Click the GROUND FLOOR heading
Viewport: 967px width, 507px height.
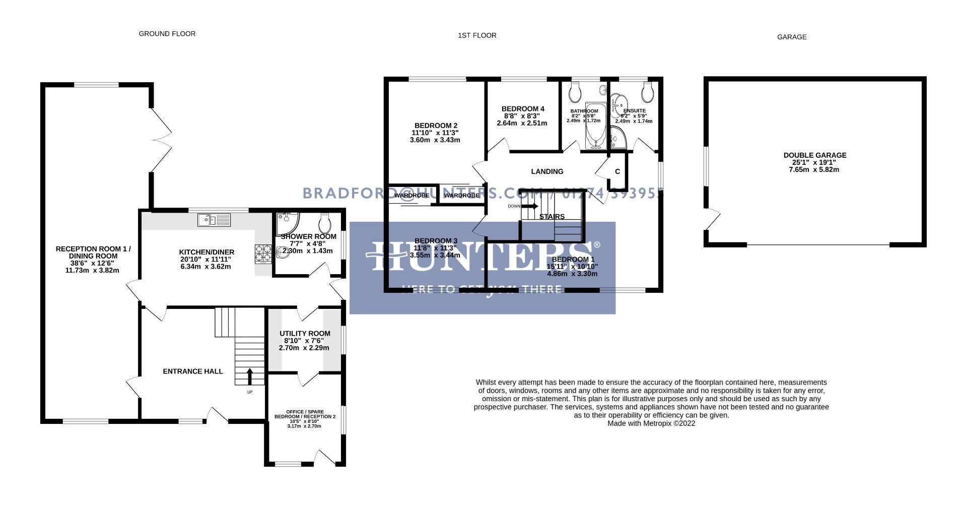[167, 34]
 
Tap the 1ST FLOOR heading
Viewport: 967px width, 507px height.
[477, 35]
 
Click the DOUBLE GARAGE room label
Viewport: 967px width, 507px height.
[814, 155]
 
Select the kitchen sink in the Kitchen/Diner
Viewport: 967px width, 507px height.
[214, 220]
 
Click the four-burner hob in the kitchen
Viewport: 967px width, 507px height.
[263, 254]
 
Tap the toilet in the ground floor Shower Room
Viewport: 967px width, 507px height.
[325, 222]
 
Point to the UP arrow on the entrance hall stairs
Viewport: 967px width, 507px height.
[250, 376]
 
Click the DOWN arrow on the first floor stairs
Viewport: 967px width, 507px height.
[530, 206]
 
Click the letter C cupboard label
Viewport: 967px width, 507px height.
[617, 172]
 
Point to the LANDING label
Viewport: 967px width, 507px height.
[547, 172]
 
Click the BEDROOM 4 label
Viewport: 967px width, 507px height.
[523, 109]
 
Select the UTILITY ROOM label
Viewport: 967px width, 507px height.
[305, 334]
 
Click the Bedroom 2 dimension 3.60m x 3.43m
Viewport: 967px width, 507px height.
[435, 140]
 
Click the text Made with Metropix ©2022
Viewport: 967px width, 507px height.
[651, 423]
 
